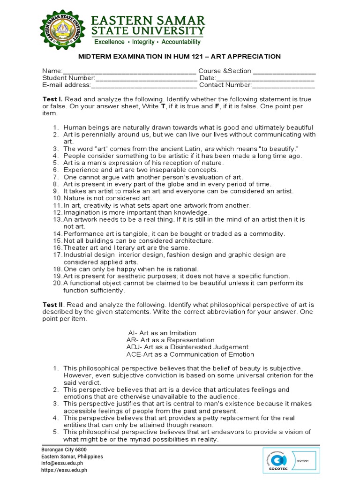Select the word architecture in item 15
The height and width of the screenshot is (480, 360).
click(192, 240)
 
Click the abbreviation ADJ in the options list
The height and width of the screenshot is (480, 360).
click(133, 347)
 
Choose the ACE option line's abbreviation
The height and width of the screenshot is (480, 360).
click(134, 354)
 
